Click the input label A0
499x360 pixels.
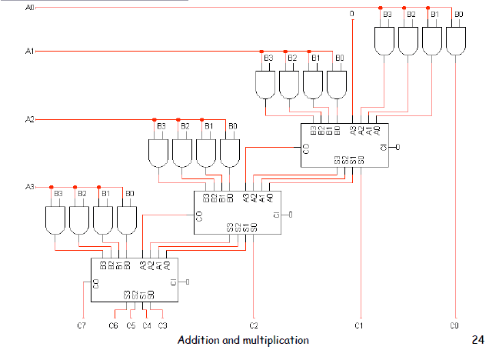[30, 8]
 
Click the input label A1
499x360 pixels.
[30, 52]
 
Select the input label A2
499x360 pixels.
[30, 119]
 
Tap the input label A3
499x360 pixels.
[30, 187]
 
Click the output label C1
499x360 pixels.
[358, 326]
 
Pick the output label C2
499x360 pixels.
[254, 326]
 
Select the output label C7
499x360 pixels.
[82, 326]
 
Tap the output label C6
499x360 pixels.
[113, 326]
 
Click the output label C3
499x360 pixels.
[162, 326]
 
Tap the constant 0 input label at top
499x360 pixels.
[352, 14]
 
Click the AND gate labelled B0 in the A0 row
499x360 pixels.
[457, 40]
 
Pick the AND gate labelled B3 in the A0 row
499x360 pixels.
[385, 40]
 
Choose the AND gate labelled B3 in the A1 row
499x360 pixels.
[266, 83]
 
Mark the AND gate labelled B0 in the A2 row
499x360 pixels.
[230, 152]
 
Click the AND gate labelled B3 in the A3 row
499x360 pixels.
[55, 220]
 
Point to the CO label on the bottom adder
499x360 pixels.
[96, 283]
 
